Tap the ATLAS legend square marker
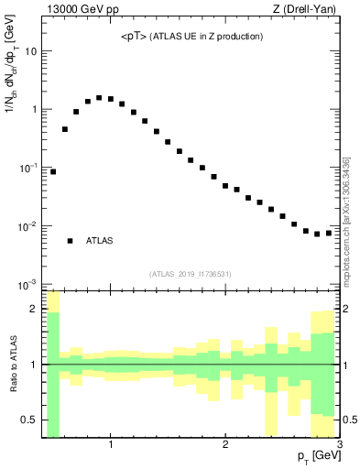tap(71, 241)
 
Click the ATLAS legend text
tap(100, 241)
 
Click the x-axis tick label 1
tap(111, 445)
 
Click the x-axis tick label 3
tap(339, 445)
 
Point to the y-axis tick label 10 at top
tap(32, 51)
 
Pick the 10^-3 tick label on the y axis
tap(29, 285)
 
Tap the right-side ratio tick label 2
tap(348, 309)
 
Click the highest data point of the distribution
tap(99, 97)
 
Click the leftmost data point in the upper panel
tap(53, 171)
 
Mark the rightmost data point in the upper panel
tap(328, 233)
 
